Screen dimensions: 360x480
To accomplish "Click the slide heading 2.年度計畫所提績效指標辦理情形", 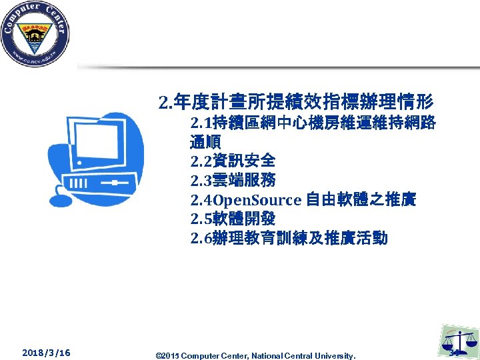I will (296, 102).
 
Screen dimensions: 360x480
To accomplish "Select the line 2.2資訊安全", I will (232, 161).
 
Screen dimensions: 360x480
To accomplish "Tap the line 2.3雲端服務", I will (232, 181).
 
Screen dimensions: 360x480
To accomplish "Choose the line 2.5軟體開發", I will (232, 219).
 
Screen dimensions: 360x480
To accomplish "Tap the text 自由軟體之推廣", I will (361, 199).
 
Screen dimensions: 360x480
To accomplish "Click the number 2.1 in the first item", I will (200, 123).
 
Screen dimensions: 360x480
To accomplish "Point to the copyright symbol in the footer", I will (157, 354).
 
